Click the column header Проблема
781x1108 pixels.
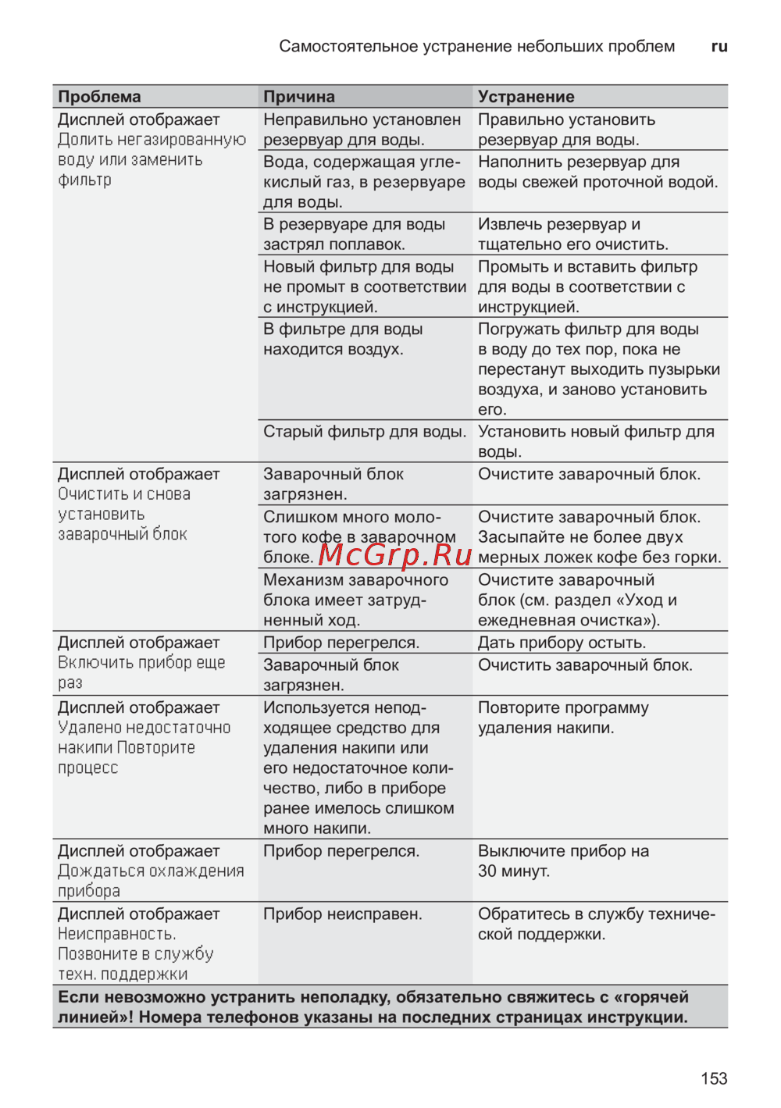[x=99, y=97]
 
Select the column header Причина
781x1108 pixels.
[x=299, y=97]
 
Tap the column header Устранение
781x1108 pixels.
[x=526, y=97]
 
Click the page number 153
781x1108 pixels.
[x=714, y=1078]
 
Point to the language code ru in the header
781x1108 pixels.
[x=719, y=46]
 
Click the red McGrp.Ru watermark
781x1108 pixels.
[x=394, y=554]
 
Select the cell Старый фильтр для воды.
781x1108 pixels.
[x=364, y=432]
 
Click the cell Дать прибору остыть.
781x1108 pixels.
[x=562, y=643]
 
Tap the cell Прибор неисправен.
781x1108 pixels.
[x=342, y=914]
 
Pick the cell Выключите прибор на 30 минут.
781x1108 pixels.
[x=563, y=861]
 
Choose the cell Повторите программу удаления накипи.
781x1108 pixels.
[x=563, y=718]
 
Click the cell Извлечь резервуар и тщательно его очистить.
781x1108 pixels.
[x=572, y=234]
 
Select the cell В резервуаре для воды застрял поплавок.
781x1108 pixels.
[x=354, y=234]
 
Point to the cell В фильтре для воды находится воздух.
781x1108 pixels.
[x=343, y=339]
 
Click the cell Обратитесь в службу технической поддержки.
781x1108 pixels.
[x=596, y=924]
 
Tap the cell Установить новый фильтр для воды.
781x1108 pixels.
[x=596, y=441]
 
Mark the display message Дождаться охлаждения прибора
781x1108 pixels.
[x=151, y=881]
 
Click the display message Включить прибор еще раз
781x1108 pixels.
[x=141, y=672]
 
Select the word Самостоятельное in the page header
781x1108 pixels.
[x=348, y=46]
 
